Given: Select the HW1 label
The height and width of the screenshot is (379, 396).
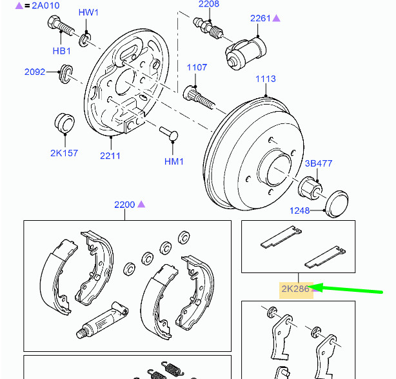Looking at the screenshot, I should (89, 12).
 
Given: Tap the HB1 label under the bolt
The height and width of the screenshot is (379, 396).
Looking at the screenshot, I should (62, 51).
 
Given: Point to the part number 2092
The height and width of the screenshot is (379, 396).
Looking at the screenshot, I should (35, 72).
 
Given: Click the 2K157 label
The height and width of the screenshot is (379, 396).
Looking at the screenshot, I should (63, 153).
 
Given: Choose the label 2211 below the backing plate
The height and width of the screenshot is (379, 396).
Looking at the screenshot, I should (110, 155).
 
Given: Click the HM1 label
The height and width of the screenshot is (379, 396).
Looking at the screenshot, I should (174, 161).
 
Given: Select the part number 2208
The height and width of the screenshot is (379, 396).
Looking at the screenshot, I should (208, 4).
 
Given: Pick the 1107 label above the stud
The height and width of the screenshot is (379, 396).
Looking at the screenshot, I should (197, 67).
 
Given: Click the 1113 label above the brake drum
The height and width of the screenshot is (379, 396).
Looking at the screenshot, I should (265, 79).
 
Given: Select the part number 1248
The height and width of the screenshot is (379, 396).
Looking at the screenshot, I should (299, 210).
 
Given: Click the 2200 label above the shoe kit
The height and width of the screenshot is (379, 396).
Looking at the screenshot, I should (124, 205).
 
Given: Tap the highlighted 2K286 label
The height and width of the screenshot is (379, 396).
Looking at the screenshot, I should (295, 289).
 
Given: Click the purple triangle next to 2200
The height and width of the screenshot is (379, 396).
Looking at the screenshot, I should (141, 204).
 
